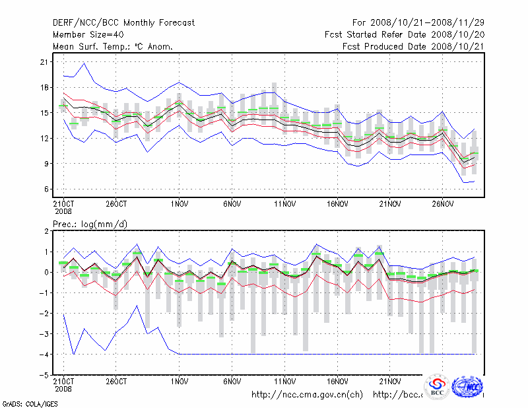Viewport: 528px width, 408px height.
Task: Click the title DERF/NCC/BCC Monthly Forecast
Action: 123,23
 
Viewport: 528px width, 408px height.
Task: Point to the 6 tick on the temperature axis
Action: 46,189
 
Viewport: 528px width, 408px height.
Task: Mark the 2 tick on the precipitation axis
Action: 46,231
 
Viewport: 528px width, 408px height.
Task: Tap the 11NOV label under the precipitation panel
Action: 285,381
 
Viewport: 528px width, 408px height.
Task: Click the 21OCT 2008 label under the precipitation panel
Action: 63,384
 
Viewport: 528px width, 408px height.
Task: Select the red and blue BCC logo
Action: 437,386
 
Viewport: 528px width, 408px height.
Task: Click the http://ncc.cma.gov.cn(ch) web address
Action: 308,395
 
